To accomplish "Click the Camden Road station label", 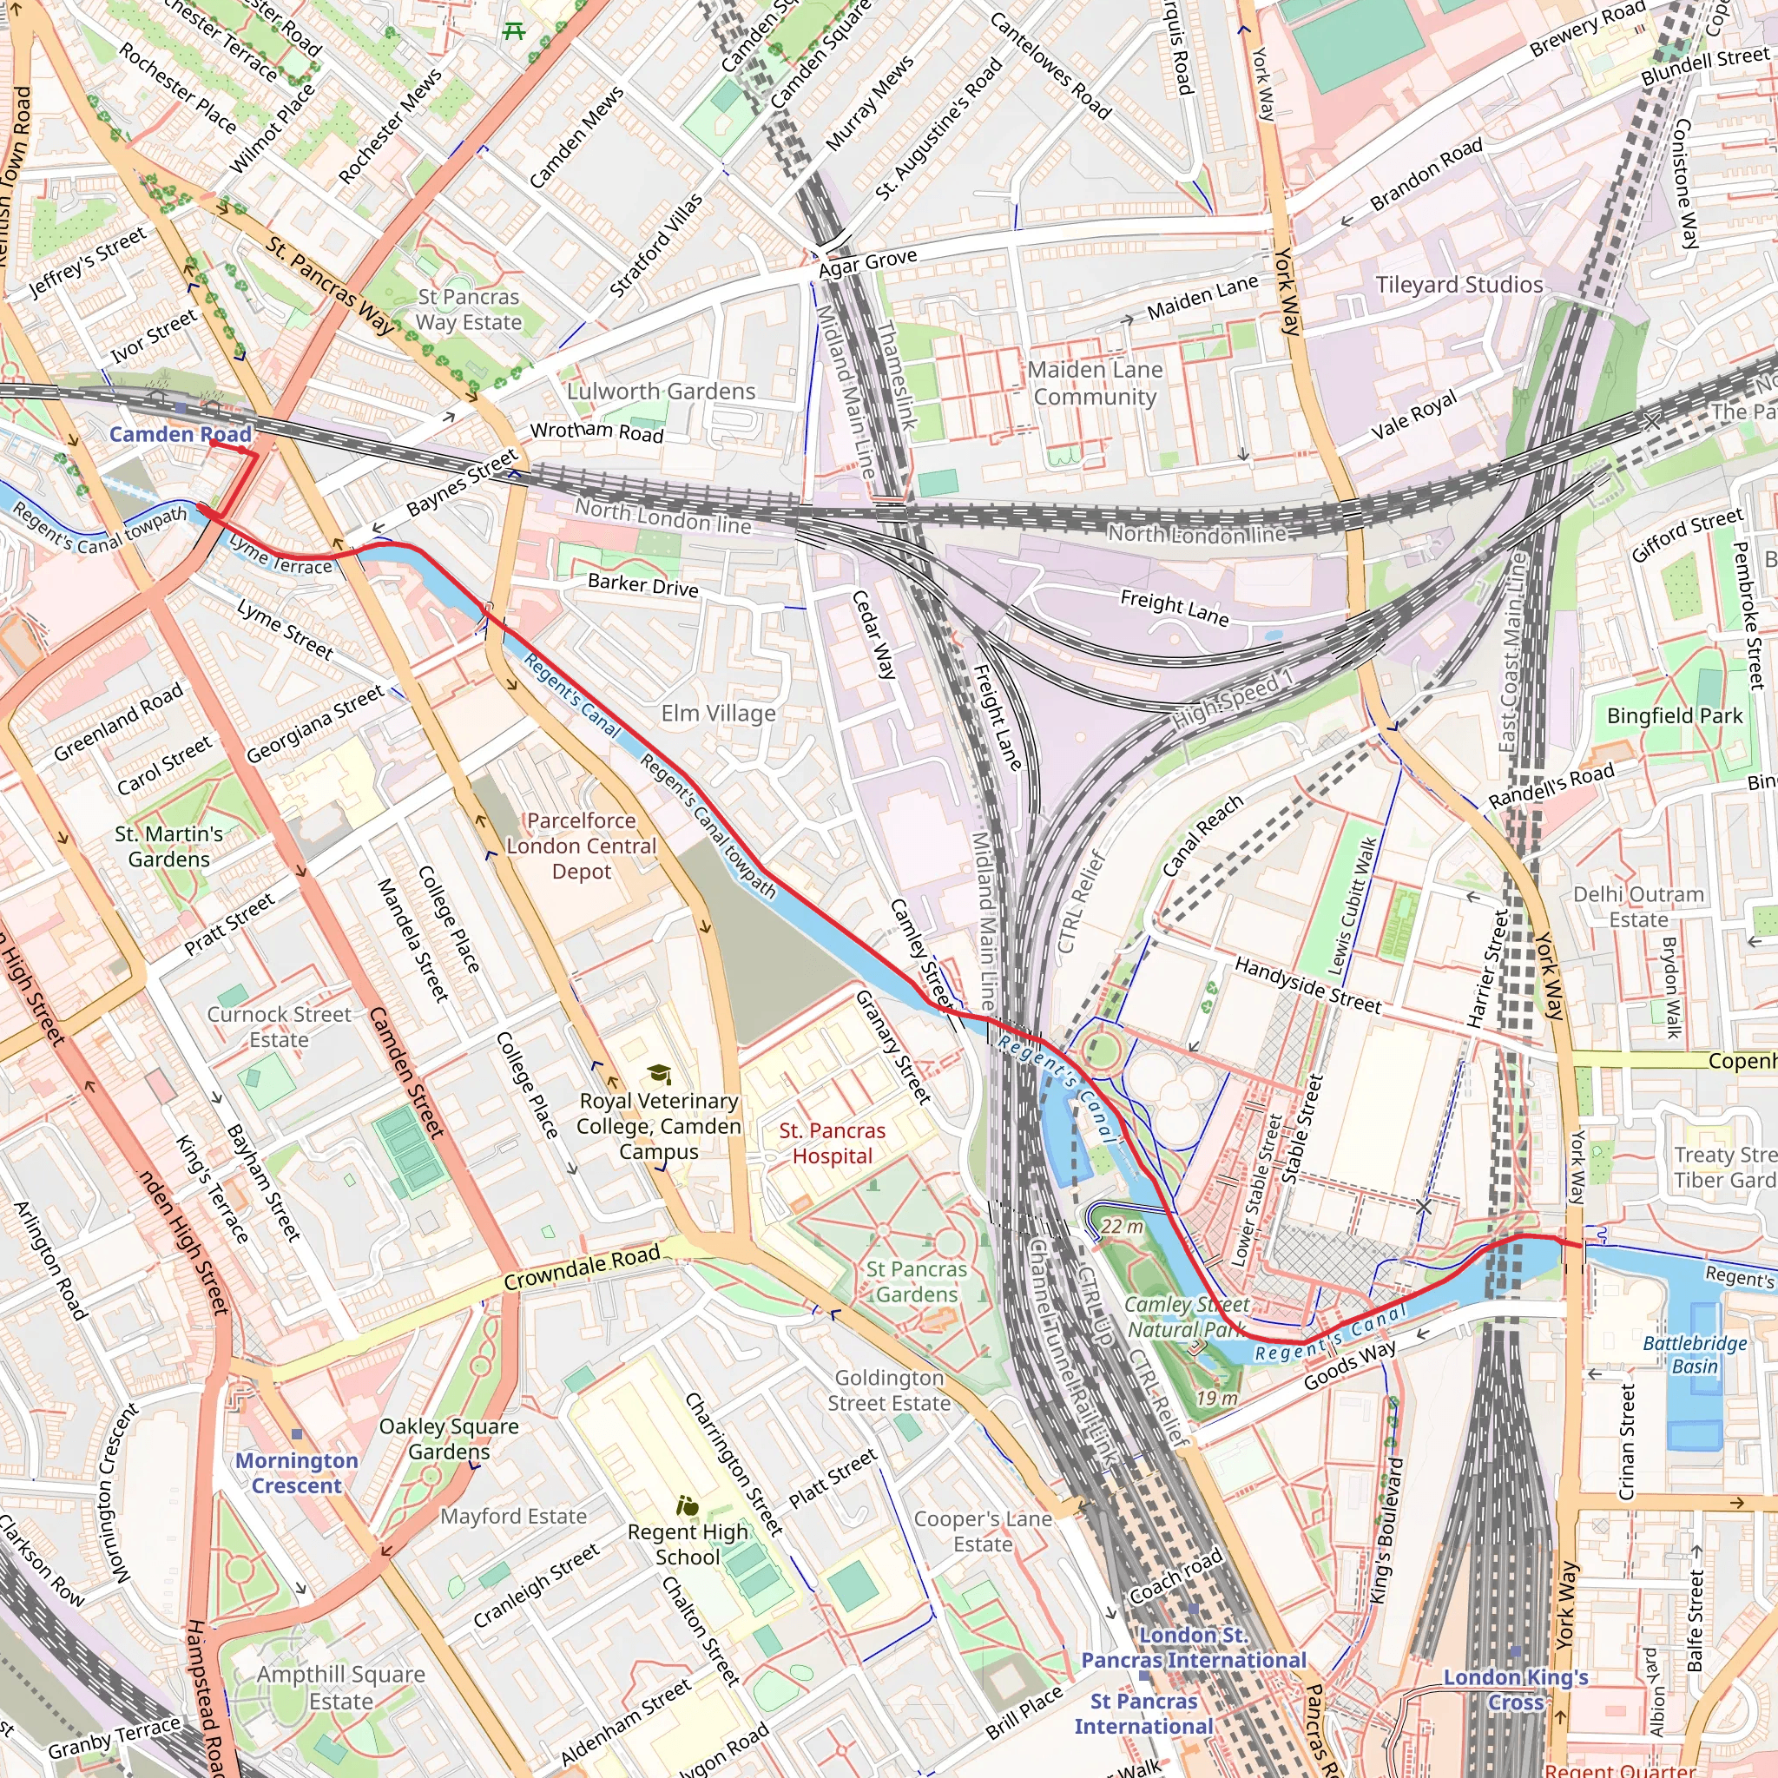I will click(x=181, y=434).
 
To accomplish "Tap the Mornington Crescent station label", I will click(x=296, y=1472).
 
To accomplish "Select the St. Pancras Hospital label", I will click(x=832, y=1143).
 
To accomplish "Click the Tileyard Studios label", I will click(x=1459, y=285).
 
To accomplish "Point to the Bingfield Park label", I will click(x=1674, y=716).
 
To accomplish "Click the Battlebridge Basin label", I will click(x=1695, y=1354).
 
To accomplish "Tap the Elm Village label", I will click(x=718, y=714).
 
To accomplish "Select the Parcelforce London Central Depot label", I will click(x=581, y=846).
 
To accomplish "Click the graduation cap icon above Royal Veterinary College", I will click(x=658, y=1074).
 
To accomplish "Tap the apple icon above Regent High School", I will click(x=688, y=1506).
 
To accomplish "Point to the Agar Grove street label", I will click(x=867, y=263).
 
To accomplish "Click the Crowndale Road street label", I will click(x=582, y=1268).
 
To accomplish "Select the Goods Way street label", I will click(x=1349, y=1365).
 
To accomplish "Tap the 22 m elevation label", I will click(x=1122, y=1227).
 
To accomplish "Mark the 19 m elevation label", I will click(x=1215, y=1399).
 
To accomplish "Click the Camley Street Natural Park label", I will click(x=1186, y=1317).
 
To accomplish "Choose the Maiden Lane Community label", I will click(x=1094, y=383).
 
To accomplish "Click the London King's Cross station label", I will click(x=1515, y=1689).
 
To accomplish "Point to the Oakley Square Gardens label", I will click(x=449, y=1439).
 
